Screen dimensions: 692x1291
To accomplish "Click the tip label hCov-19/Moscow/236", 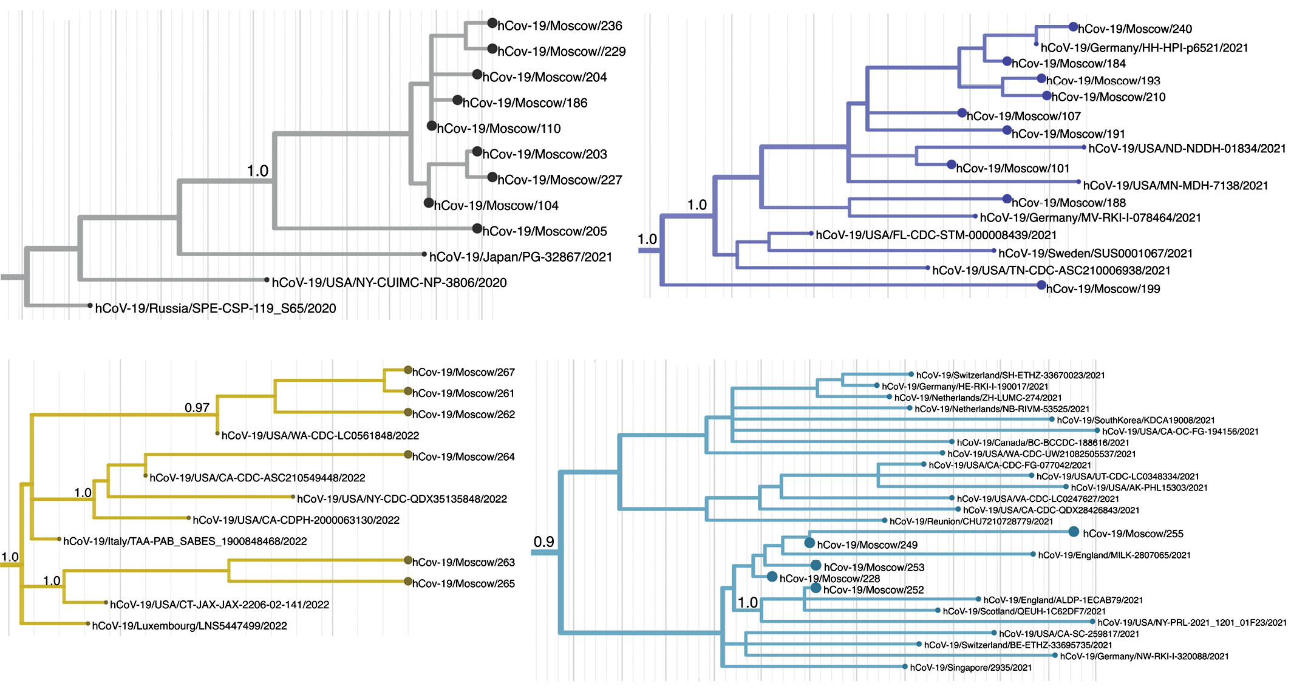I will (x=559, y=26).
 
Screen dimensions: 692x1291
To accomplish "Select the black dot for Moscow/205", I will (x=477, y=229).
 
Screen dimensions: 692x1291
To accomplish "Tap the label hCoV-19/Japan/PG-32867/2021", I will (x=520, y=257).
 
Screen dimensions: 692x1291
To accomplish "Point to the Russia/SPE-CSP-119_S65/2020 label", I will (x=216, y=308).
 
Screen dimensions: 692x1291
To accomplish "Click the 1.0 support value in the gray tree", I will (x=257, y=171).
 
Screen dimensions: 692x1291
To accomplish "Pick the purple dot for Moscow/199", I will (x=1041, y=285).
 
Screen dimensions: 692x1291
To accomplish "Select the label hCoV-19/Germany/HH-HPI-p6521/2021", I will (x=1144, y=48).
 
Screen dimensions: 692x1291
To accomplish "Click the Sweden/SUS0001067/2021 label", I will (x=1095, y=254).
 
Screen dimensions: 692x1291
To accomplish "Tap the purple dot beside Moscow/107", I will (x=962, y=113).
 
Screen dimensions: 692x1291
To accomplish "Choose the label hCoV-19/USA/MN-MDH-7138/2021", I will (x=1175, y=186).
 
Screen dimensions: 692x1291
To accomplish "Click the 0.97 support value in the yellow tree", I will (x=197, y=408).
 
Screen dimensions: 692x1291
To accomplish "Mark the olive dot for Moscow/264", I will (x=408, y=455).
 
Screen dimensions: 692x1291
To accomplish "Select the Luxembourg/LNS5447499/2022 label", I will (x=189, y=626).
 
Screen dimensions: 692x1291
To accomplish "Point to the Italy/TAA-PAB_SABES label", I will (x=185, y=541).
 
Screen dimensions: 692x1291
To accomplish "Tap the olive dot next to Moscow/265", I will (x=408, y=582).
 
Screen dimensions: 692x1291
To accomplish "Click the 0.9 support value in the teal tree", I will (x=543, y=541).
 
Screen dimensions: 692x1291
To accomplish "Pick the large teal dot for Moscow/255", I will (x=1074, y=532).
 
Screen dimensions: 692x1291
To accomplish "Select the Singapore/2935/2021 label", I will (x=970, y=668).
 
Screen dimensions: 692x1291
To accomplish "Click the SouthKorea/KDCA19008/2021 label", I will (x=1136, y=420).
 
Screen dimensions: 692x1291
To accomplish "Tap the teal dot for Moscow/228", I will (x=772, y=577).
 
